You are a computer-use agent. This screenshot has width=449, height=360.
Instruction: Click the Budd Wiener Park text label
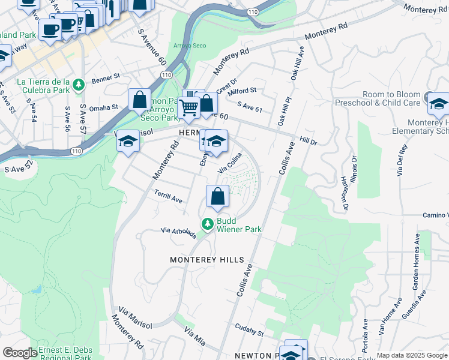tap(239, 224)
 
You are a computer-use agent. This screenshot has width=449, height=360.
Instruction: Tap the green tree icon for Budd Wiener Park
tap(208, 224)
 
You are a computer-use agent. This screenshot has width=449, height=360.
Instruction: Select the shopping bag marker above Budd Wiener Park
tap(217, 196)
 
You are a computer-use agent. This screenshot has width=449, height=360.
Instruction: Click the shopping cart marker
tap(188, 108)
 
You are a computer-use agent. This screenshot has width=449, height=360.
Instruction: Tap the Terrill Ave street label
tap(167, 197)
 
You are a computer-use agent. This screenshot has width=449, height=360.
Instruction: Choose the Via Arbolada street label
tap(178, 232)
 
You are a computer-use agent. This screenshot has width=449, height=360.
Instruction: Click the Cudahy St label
tap(249, 330)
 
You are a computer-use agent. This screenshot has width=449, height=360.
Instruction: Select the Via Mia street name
tap(195, 337)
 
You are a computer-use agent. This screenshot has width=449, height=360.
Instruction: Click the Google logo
tap(20, 353)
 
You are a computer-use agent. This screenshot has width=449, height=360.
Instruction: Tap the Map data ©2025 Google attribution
tap(412, 355)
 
